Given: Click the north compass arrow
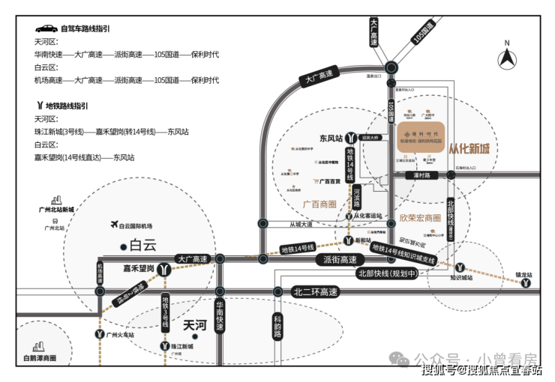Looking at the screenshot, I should (508, 55).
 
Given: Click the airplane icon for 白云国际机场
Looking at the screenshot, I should (114, 225).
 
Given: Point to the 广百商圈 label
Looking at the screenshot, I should (320, 204).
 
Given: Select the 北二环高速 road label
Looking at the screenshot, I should (316, 292).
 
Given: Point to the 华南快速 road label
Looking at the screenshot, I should (220, 315).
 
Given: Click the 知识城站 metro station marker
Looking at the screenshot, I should (460, 267).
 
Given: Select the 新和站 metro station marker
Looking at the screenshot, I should (349, 240).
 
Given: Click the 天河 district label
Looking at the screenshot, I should (194, 326).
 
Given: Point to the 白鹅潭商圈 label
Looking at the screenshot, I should (40, 360).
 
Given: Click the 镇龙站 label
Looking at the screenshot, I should (523, 276).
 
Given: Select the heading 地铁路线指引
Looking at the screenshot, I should (66, 106).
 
